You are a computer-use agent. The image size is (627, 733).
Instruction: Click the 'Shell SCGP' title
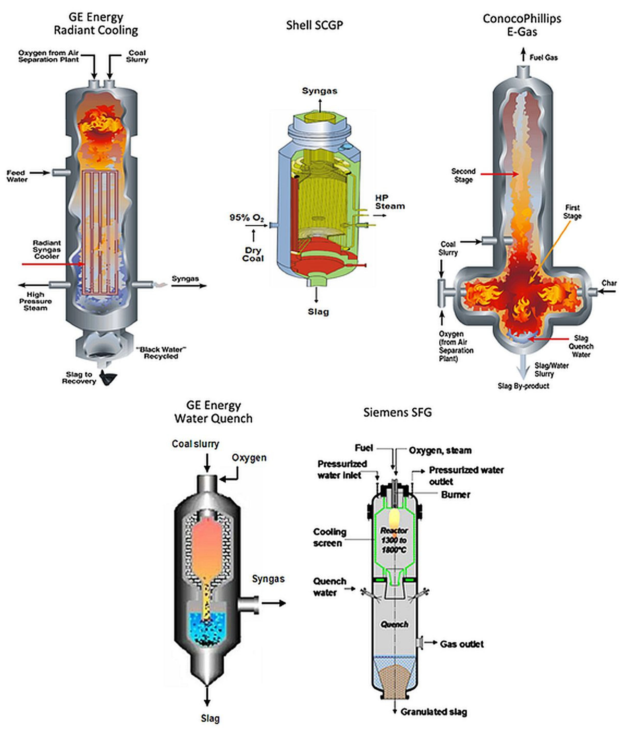314,25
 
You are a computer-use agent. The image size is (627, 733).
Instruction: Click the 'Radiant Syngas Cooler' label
47,249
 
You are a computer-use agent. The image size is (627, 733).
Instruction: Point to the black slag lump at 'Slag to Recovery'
108,378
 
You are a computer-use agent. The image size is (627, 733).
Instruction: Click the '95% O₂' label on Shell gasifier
247,218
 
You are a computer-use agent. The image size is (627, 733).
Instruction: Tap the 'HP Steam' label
389,202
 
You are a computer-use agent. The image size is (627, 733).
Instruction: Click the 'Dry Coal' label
253,254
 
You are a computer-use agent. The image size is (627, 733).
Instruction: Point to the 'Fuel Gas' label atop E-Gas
543,58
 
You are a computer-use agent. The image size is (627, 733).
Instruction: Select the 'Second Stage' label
463,175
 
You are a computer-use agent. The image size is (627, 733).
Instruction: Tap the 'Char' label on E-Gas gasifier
609,283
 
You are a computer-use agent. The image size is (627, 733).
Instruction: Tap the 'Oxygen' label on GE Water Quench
249,457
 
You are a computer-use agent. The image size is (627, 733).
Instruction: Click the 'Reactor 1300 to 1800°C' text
394,540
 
